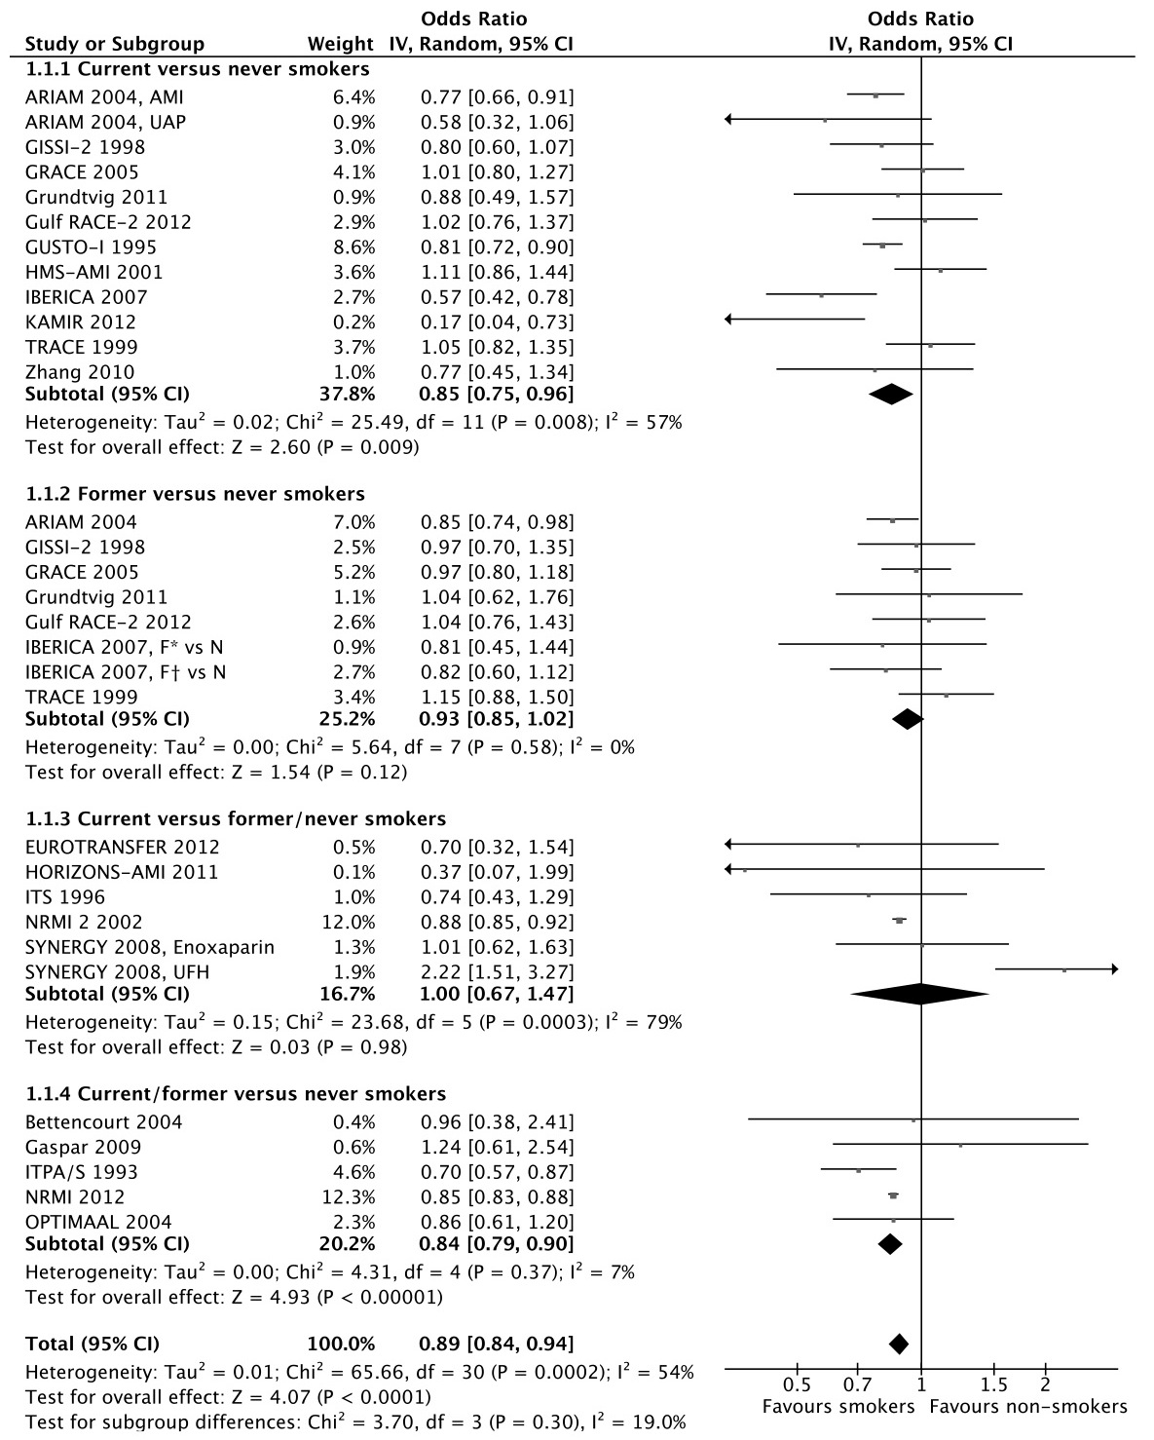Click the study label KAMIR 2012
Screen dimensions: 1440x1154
coord(81,322)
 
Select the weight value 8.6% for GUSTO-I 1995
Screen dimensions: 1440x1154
coord(353,247)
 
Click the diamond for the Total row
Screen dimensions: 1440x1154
coord(899,1345)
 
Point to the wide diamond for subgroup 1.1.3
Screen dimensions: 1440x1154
coord(919,995)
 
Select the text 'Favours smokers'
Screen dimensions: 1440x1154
coord(838,1407)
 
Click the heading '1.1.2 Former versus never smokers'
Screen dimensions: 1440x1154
coord(195,494)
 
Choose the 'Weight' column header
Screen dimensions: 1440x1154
coord(340,44)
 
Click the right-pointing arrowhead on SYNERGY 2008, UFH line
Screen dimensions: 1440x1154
coord(1114,969)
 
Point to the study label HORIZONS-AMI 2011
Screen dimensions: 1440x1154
coord(122,872)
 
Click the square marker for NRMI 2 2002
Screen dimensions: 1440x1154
coord(899,921)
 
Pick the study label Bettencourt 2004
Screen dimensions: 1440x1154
coord(103,1122)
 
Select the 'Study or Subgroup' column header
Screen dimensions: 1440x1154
coord(115,44)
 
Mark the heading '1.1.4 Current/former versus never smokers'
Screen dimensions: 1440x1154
coord(236,1094)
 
